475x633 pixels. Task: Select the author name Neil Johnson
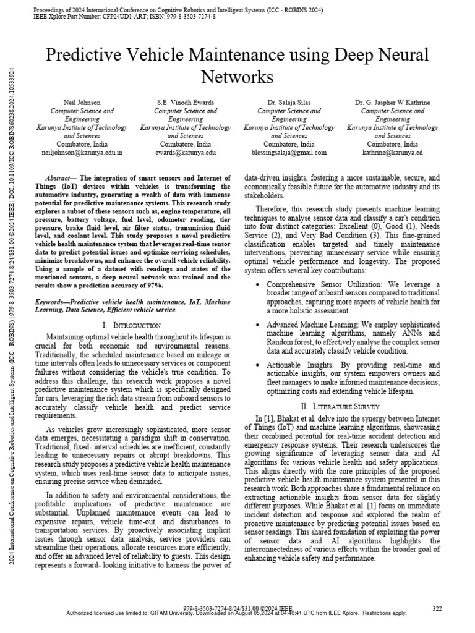point(82,101)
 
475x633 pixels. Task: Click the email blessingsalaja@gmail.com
point(289,151)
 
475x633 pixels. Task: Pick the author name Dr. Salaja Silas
point(289,101)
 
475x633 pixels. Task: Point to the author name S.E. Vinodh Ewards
point(186,101)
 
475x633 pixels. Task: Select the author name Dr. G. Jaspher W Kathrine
point(392,101)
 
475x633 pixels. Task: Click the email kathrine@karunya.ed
point(392,151)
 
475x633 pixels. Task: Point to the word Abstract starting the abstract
point(62,178)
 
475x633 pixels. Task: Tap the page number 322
point(437,609)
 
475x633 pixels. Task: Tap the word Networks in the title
point(237,78)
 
